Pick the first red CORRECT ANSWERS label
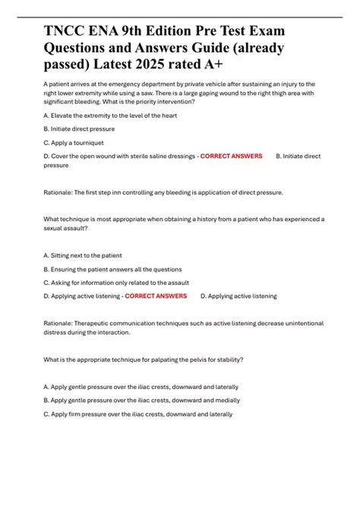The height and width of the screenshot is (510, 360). click(x=231, y=155)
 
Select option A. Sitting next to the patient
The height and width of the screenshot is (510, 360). click(x=83, y=255)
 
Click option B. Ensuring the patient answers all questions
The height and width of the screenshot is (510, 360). click(x=114, y=269)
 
